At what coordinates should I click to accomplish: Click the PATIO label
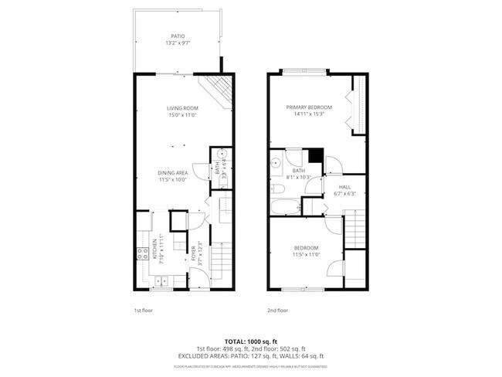[178, 36]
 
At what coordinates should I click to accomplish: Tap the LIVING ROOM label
[183, 107]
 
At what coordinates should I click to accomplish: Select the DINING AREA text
[173, 173]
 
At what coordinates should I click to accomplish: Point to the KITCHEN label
[154, 249]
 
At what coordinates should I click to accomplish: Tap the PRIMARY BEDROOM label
[309, 107]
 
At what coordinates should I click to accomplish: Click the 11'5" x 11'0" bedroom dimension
[307, 254]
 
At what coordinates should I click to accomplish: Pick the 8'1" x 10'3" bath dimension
[298, 177]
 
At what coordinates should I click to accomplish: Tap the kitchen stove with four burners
[142, 253]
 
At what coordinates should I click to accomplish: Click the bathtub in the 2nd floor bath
[285, 206]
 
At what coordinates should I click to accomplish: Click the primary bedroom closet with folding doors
[358, 104]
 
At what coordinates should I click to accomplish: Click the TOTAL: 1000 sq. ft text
[250, 341]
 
